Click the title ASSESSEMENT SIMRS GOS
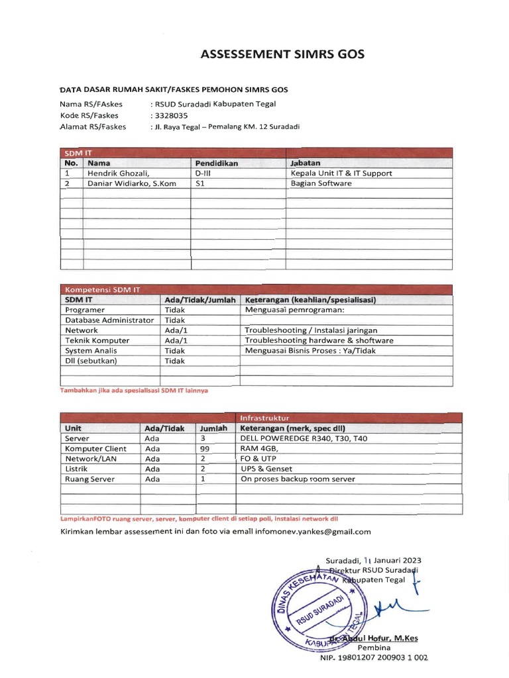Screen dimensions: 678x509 [x=282, y=55]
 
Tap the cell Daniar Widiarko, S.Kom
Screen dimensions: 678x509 [x=132, y=183]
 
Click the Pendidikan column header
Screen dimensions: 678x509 [x=217, y=162]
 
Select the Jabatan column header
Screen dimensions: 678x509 [x=306, y=162]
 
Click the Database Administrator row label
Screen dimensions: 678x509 [x=109, y=320]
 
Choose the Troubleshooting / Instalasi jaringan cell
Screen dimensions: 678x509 [x=311, y=330]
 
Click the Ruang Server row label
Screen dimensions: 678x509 [x=89, y=479]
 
